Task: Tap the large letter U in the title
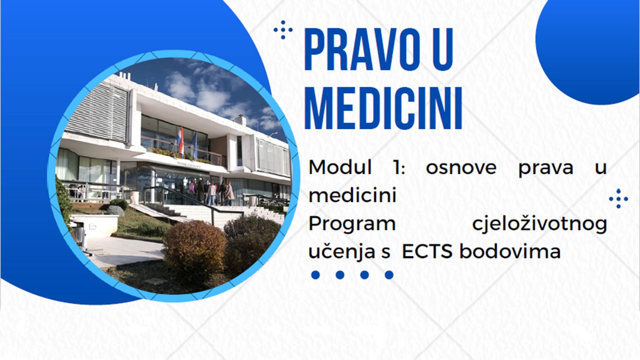pyautogui.click(x=443, y=49)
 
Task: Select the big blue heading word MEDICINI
pyautogui.click(x=383, y=108)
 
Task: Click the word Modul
pyautogui.click(x=340, y=167)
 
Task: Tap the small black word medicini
pyautogui.click(x=353, y=195)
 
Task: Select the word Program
pyautogui.click(x=352, y=225)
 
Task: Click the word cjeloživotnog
pyautogui.click(x=540, y=225)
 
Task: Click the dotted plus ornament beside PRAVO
pyautogui.click(x=283, y=30)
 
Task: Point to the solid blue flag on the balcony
pyautogui.click(x=195, y=146)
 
